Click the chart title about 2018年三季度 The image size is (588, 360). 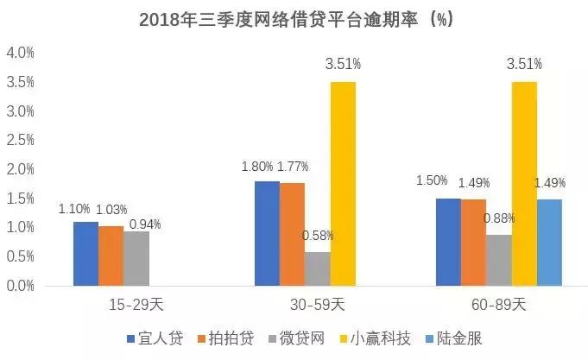click(x=294, y=18)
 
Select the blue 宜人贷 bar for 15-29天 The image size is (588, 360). click(x=85, y=253)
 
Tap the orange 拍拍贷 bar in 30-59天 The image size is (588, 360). click(x=292, y=233)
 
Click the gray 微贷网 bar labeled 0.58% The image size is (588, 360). click(x=317, y=268)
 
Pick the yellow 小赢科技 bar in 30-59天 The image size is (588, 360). click(x=343, y=183)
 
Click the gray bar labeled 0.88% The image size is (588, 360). click(x=499, y=259)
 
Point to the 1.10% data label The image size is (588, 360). click(x=74, y=209)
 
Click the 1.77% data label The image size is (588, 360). click(x=292, y=167)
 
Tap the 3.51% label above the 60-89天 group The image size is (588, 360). click(x=525, y=64)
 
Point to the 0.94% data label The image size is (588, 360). click(x=145, y=224)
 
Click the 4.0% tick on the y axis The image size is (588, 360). click(x=20, y=53)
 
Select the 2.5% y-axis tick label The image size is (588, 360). click(x=20, y=140)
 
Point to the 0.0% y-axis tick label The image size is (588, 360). click(x=20, y=286)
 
